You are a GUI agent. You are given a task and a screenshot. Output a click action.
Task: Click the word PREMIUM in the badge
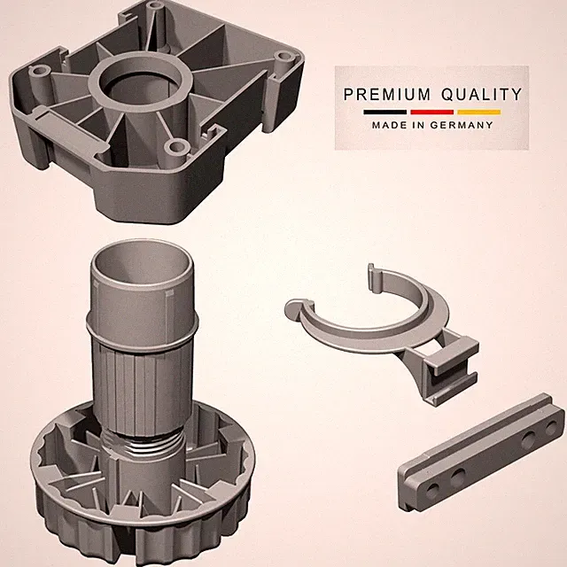coord(386,95)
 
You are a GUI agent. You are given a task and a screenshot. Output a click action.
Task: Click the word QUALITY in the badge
coord(481,95)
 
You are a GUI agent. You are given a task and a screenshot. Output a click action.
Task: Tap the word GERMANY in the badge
coord(461,125)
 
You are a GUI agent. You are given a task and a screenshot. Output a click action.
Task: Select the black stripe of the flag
coord(385,113)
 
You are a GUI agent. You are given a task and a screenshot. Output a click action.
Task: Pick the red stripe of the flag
coord(431,113)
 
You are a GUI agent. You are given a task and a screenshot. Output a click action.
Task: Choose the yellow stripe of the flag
coord(478,113)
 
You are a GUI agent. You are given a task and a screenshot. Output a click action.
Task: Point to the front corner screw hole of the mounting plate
coord(177,146)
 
